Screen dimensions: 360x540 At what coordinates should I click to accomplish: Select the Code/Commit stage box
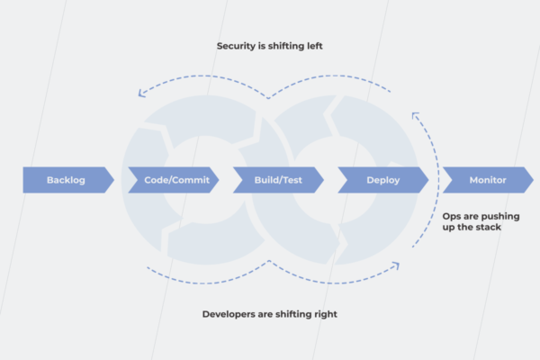[x=176, y=180]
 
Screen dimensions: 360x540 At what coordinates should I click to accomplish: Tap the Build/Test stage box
[x=278, y=180]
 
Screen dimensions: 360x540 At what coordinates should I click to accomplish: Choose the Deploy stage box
[x=382, y=180]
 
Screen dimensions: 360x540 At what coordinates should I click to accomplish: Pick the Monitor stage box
[x=487, y=180]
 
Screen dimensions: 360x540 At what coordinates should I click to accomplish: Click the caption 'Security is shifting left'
[x=269, y=45]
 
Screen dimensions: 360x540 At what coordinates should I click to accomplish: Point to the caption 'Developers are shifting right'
[x=270, y=314]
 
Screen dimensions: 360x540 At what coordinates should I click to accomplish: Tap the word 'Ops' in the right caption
[x=452, y=215]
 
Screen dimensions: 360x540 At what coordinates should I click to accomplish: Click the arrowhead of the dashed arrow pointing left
[x=140, y=91]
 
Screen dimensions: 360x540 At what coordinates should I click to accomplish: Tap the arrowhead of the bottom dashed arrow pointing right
[x=396, y=264]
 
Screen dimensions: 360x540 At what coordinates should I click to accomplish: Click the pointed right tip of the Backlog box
[x=113, y=180]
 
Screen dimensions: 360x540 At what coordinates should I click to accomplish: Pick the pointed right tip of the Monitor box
[x=533, y=180]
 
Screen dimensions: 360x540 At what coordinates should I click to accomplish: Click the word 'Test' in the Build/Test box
[x=289, y=180]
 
